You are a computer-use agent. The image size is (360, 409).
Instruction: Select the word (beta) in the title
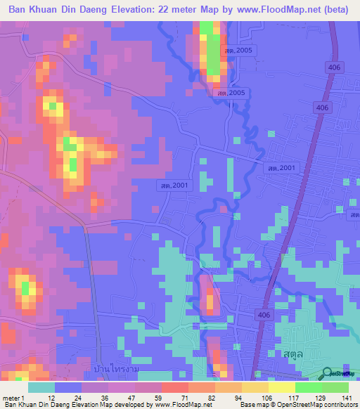tap(334, 10)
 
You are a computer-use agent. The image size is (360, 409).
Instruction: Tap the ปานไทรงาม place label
tap(114, 369)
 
